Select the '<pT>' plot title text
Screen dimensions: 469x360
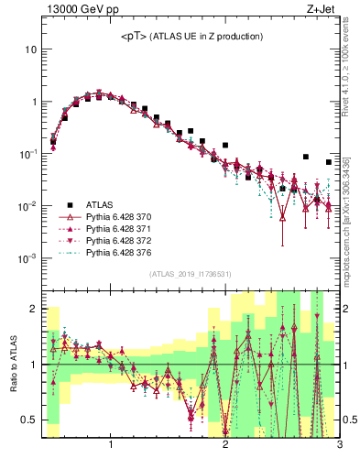pos(191,36)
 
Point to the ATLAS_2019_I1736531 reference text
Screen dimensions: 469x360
pos(191,274)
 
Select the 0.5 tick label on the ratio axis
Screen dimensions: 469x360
pos(28,420)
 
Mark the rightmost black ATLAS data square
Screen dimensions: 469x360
pos(328,162)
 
